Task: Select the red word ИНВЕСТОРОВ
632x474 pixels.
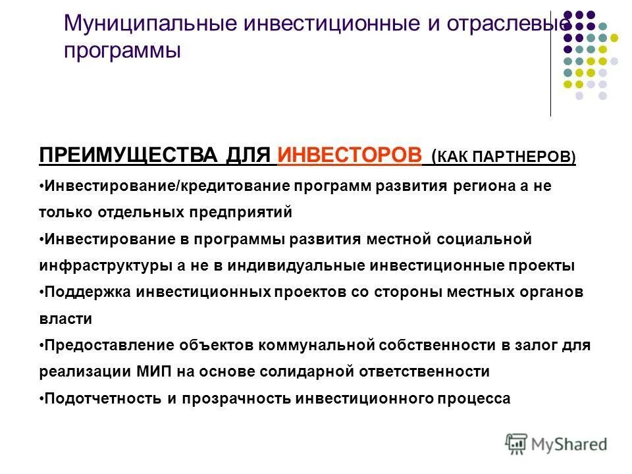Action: pyautogui.click(x=350, y=155)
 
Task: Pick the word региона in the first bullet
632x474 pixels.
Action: pyautogui.click(x=481, y=186)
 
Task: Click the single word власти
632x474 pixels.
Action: pyautogui.click(x=65, y=319)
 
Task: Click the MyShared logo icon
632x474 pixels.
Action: pyautogui.click(x=515, y=443)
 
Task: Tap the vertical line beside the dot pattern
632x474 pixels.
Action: pyautogui.click(x=550, y=66)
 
